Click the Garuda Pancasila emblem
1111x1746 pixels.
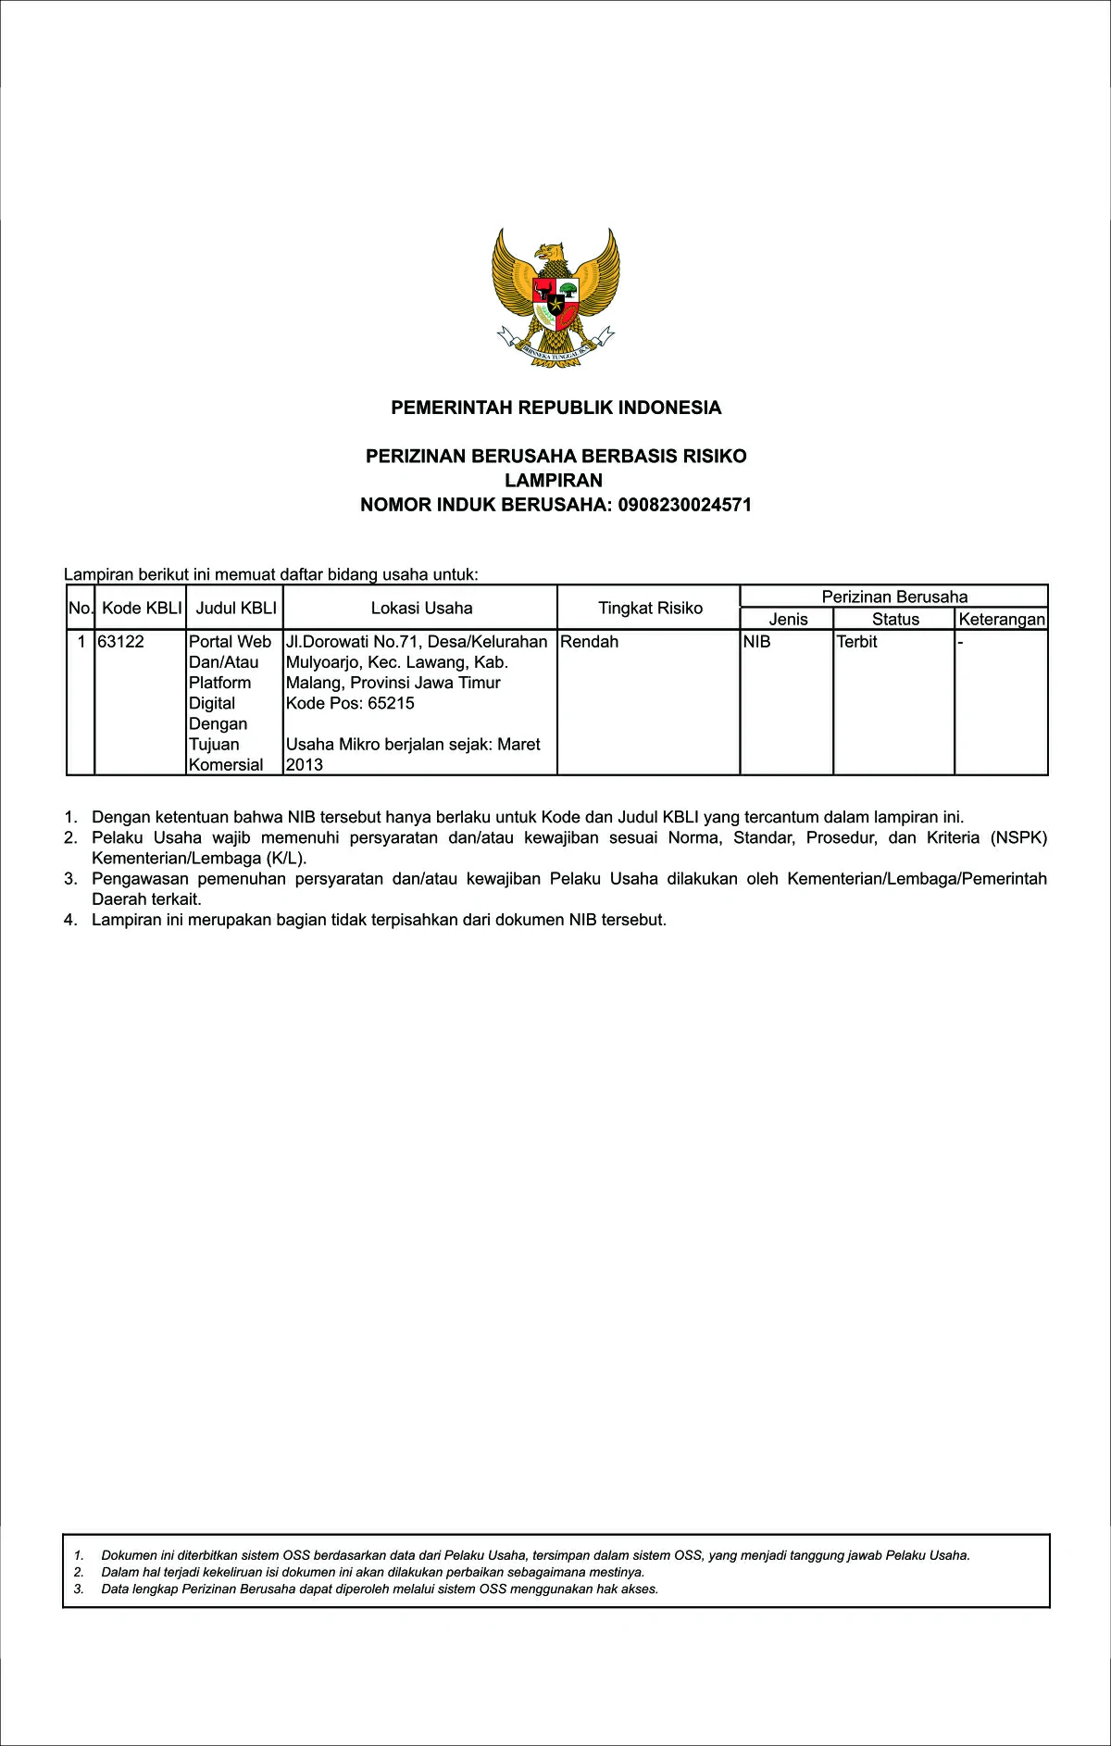point(555,295)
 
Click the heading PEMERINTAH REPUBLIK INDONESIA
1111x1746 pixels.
point(555,408)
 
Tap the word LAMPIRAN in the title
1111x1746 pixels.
point(554,480)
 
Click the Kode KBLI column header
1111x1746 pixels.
point(142,608)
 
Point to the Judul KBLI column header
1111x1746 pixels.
point(236,608)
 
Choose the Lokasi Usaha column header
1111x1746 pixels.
point(421,608)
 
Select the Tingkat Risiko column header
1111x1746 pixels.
point(650,608)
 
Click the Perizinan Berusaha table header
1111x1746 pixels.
point(894,597)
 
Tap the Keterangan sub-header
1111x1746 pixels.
point(1002,619)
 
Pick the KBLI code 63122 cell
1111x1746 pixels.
point(121,641)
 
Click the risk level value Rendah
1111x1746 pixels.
point(590,641)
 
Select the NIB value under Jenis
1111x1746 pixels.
point(757,641)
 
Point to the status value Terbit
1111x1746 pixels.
point(856,641)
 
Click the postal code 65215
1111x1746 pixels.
point(391,703)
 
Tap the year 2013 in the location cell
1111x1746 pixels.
point(305,765)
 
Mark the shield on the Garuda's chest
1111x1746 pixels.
point(555,301)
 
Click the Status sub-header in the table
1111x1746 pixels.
point(895,619)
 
